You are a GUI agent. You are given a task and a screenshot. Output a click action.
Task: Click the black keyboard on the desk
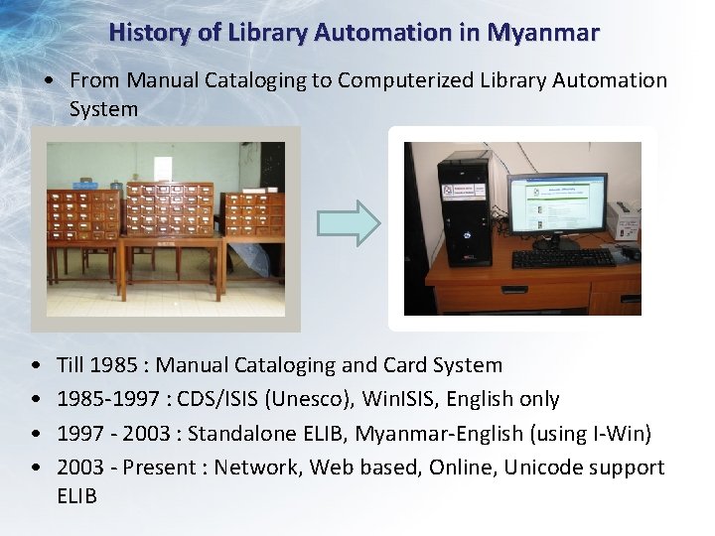563,258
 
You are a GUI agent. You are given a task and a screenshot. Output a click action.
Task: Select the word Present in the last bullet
160,467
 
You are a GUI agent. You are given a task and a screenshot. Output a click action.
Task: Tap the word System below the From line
103,109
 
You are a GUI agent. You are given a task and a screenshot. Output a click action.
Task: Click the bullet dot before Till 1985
37,366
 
